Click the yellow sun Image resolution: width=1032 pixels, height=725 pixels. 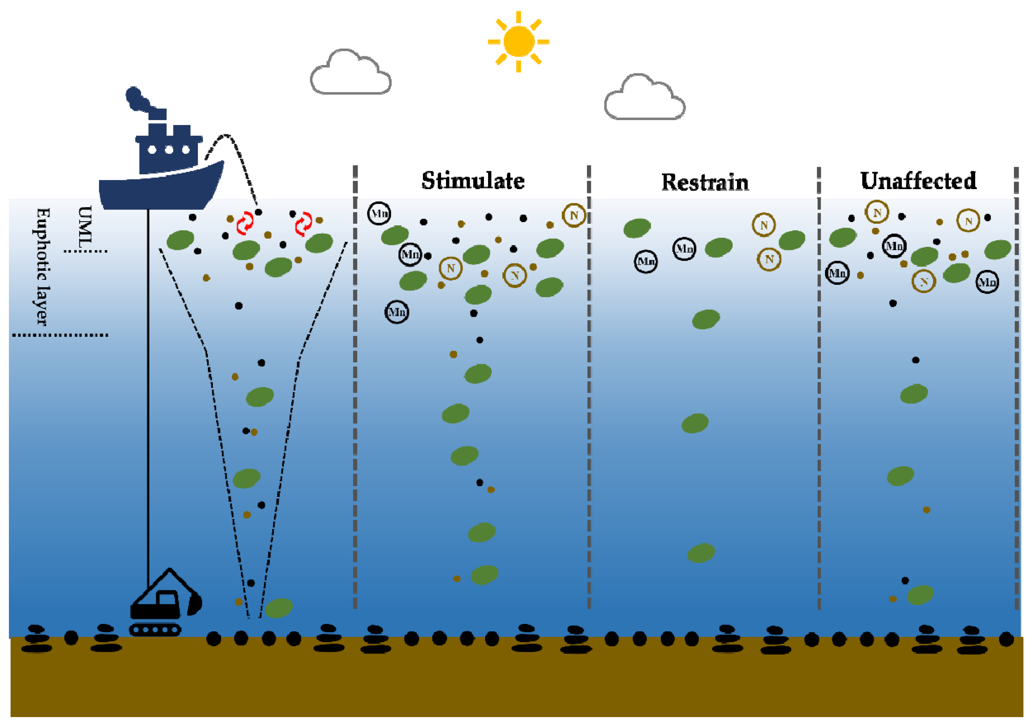(519, 41)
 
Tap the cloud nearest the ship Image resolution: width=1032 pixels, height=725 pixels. (351, 74)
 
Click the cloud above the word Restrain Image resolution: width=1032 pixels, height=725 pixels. (645, 99)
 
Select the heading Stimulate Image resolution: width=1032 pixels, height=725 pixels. (473, 181)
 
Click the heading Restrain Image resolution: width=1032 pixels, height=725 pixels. (705, 182)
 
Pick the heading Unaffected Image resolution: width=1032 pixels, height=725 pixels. (918, 181)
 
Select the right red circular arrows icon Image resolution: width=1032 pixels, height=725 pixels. (304, 223)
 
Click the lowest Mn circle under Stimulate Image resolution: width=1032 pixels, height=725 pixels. (397, 312)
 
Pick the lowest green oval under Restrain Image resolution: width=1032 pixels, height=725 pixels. (701, 553)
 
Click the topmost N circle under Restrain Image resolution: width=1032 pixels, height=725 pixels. (764, 225)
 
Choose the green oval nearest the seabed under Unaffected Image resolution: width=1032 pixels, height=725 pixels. (920, 595)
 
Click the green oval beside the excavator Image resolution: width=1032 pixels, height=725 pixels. (279, 608)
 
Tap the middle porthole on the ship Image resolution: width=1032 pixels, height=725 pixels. (169, 149)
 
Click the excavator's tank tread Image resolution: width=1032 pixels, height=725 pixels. (155, 630)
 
